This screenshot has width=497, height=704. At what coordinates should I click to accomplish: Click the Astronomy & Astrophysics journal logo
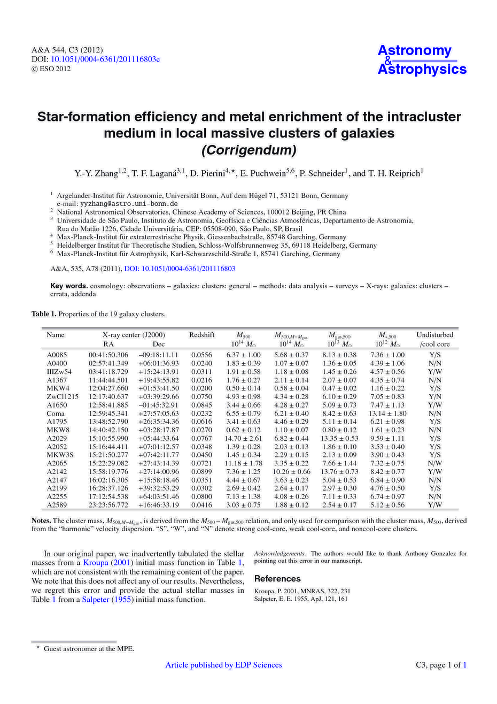click(x=422, y=60)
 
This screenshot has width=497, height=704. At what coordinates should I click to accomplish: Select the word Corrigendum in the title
click(x=248, y=150)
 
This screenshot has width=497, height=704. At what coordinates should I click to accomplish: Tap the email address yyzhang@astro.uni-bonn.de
click(x=129, y=204)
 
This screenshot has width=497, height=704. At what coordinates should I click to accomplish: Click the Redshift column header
click(x=201, y=335)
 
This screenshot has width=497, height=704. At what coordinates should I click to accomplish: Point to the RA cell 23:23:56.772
click(x=108, y=504)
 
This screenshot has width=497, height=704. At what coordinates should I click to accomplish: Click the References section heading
click(x=277, y=578)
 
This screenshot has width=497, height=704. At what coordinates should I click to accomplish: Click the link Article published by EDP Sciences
click(x=223, y=665)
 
